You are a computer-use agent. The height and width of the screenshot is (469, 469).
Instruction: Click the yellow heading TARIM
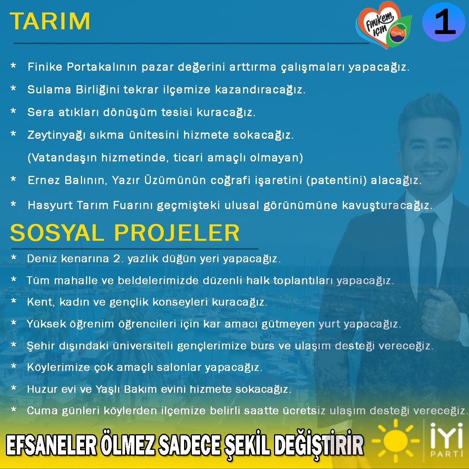(50, 21)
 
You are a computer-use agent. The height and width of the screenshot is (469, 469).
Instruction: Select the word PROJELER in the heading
(177, 233)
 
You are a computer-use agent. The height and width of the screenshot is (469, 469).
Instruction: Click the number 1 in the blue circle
(445, 21)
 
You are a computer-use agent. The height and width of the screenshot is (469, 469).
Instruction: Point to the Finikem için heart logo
(383, 25)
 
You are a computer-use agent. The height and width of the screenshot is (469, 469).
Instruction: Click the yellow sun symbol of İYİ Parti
(396, 441)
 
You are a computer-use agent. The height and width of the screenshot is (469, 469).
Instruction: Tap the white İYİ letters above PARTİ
(446, 437)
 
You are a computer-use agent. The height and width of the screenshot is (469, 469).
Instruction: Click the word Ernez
(44, 180)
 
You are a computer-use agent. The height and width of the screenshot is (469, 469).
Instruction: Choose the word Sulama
(49, 90)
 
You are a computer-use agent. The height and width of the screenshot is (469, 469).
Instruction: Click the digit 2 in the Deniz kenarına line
(116, 258)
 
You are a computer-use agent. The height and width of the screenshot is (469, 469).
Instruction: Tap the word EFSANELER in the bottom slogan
(52, 446)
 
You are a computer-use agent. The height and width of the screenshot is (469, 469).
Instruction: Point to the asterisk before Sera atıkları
(13, 111)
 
